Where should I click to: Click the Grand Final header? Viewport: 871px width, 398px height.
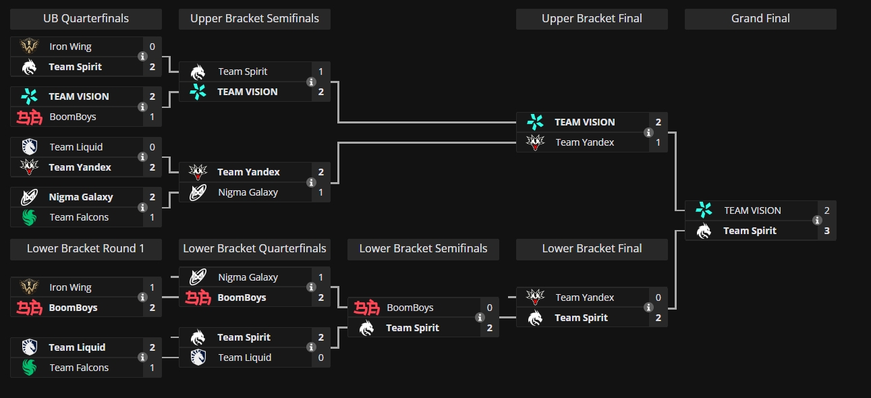click(x=760, y=19)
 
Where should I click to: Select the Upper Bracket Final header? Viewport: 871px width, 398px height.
click(x=592, y=19)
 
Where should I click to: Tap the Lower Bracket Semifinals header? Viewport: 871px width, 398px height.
click(x=423, y=249)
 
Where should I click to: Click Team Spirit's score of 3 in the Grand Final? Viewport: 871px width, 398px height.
click(x=826, y=231)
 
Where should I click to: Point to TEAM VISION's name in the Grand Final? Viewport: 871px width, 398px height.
click(x=752, y=210)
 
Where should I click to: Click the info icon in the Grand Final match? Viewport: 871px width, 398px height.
click(x=817, y=221)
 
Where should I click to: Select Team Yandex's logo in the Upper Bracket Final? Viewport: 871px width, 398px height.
click(x=535, y=142)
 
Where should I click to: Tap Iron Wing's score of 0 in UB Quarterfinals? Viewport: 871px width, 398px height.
click(x=152, y=47)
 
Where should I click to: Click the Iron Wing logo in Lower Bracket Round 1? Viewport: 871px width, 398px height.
click(x=29, y=287)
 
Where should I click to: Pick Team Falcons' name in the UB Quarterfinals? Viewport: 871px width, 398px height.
click(x=79, y=217)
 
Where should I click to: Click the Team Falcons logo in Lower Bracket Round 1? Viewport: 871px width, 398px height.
click(x=29, y=368)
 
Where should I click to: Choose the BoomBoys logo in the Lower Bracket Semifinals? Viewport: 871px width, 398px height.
click(x=366, y=308)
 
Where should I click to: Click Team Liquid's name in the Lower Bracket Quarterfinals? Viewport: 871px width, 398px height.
click(x=245, y=358)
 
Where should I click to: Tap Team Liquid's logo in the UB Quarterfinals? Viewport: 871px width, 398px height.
click(x=29, y=147)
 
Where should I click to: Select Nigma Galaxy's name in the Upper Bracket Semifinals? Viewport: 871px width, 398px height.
click(x=248, y=192)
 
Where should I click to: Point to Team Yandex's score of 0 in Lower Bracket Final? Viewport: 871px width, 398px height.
click(x=658, y=297)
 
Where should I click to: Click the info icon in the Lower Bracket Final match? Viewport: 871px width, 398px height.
click(x=648, y=308)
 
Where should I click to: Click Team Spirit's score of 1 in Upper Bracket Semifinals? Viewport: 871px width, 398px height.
click(x=320, y=72)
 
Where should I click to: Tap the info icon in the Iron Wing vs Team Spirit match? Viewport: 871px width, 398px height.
click(x=142, y=57)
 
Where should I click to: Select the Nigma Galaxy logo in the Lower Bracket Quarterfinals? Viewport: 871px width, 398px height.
click(x=198, y=277)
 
